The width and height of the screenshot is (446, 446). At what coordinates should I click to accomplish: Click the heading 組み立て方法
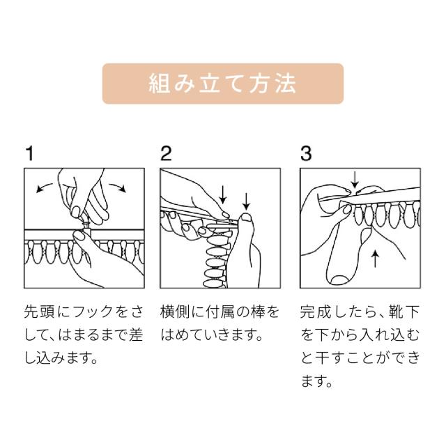tap(222, 84)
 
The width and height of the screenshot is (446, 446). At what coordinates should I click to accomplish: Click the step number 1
tap(29, 153)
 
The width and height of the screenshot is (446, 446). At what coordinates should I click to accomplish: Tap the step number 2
tap(166, 153)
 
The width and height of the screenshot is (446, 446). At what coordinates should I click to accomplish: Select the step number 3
tap(306, 153)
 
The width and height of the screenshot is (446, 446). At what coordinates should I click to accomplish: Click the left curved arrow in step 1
tap(44, 188)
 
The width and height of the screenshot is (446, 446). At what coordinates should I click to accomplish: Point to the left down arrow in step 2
tap(223, 194)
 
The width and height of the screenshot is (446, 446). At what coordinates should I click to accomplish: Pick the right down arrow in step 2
tap(246, 201)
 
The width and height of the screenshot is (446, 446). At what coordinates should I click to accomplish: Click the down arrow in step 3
tap(355, 179)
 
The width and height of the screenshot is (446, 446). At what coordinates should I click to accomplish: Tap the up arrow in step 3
tap(376, 259)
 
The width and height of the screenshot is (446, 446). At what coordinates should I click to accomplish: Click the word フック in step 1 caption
tap(93, 312)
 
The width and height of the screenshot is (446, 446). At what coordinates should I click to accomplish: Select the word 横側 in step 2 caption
tap(174, 312)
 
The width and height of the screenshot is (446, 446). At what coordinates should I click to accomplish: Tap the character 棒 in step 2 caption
tap(258, 312)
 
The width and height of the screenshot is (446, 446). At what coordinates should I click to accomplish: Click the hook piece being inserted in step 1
tap(86, 224)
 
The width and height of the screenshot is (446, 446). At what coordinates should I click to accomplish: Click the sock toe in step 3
tap(340, 279)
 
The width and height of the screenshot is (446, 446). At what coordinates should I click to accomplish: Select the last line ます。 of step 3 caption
tap(317, 381)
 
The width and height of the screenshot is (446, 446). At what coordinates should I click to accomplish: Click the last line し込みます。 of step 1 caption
tap(61, 357)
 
